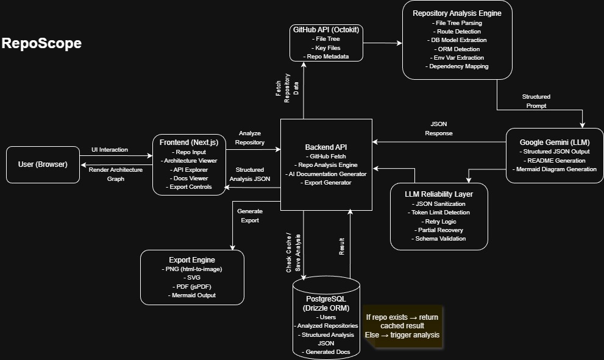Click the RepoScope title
(41, 43)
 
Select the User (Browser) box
(43, 164)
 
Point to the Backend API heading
(326, 147)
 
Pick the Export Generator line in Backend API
(326, 182)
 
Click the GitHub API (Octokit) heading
(326, 30)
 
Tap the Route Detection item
(458, 31)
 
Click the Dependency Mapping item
(458, 66)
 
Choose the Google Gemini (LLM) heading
(554, 142)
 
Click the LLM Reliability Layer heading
(439, 194)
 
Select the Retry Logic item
(439, 221)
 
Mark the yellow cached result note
(402, 326)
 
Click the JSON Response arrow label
(439, 128)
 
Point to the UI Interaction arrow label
(110, 150)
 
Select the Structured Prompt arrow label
(536, 101)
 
